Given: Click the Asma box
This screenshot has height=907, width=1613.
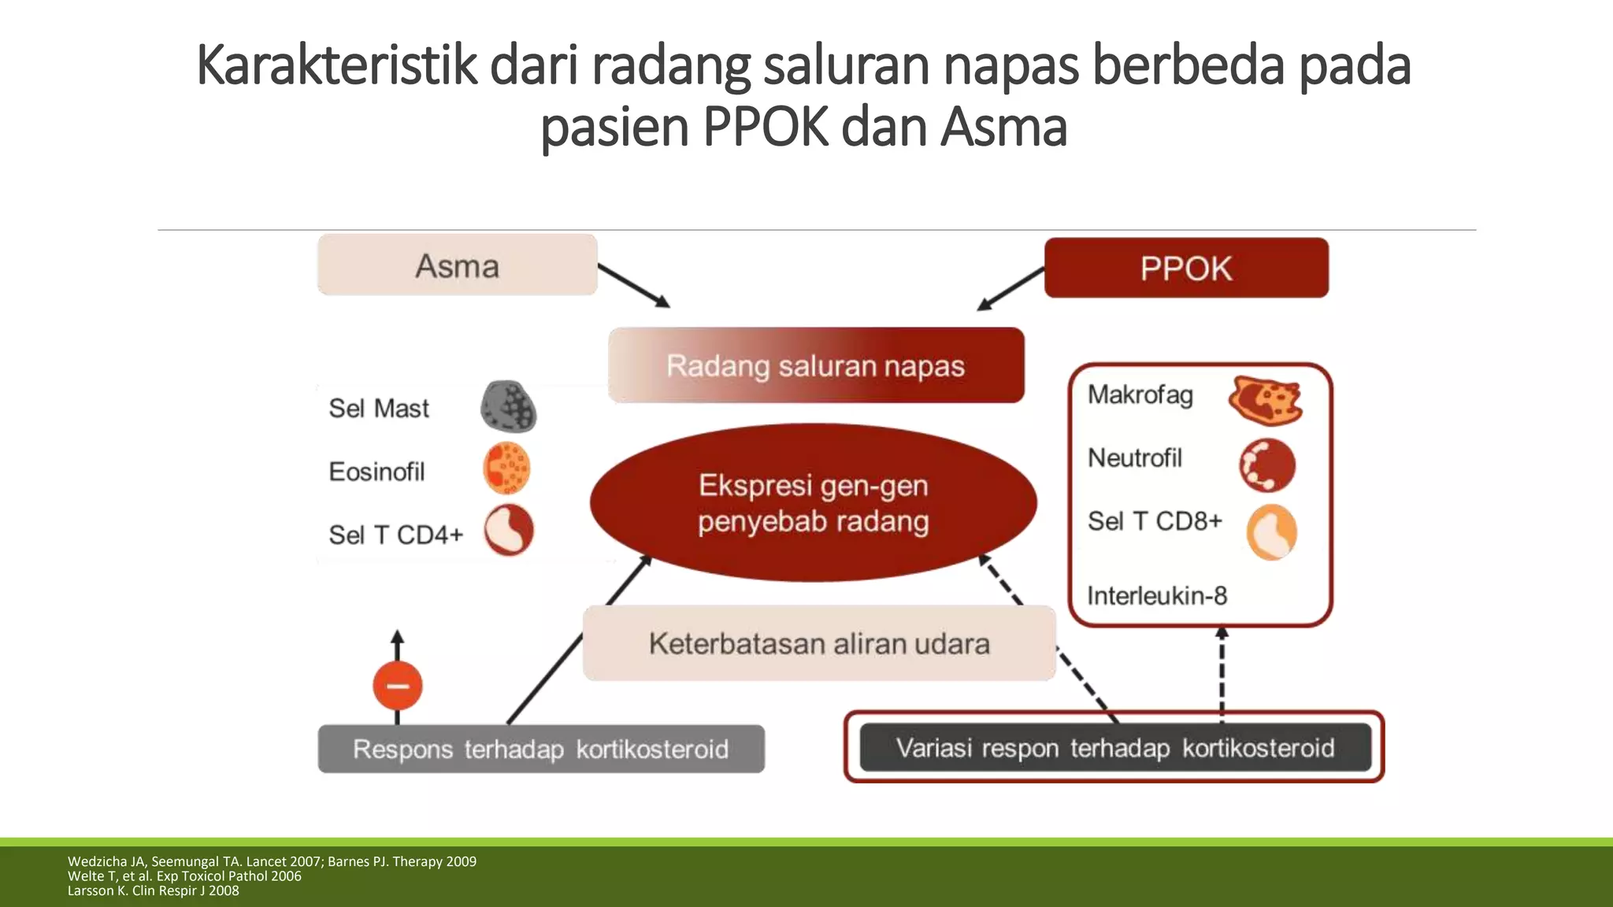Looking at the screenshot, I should (457, 265).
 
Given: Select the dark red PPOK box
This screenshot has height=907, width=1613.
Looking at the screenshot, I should (1185, 268).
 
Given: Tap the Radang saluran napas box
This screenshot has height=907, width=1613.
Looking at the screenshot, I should (816, 365).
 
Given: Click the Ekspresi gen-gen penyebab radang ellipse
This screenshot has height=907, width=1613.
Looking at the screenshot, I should (813, 503).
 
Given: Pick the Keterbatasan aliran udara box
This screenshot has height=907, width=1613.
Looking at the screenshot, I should (819, 643).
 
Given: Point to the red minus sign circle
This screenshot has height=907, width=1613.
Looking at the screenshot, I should (398, 686).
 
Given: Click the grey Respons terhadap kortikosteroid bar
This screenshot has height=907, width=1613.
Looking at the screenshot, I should (540, 749).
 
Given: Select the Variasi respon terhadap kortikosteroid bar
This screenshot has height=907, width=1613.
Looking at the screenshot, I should (1114, 747).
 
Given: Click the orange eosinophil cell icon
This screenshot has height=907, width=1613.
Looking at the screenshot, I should (506, 468).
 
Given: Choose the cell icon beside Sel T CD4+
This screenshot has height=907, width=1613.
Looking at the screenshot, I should (509, 530).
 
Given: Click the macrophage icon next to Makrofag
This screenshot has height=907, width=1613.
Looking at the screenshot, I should (1265, 400).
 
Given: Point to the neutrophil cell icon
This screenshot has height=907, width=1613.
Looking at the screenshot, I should (1267, 465).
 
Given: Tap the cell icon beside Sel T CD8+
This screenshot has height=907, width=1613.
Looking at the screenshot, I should (1271, 532).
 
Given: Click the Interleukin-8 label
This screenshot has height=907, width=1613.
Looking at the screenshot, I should (1157, 596).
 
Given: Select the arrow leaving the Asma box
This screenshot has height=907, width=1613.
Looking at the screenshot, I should (633, 285).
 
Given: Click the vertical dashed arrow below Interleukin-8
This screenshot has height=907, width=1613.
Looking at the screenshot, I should (1222, 673).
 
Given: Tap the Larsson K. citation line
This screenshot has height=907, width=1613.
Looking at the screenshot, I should (153, 891).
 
